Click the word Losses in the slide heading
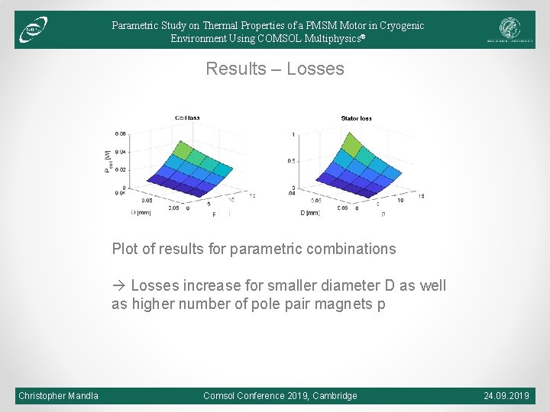(315, 69)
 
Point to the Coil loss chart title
(187, 117)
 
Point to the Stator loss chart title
(357, 118)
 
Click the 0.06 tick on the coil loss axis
(121, 134)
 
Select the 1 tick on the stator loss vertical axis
(292, 135)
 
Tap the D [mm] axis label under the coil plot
(141, 213)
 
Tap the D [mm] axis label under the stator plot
(310, 213)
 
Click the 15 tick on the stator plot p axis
(421, 196)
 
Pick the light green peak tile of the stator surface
(352, 143)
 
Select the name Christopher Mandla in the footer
(59, 395)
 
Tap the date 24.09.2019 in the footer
(506, 395)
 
